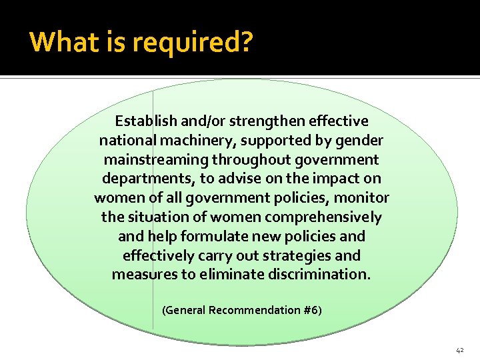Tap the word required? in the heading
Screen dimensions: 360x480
(x=193, y=43)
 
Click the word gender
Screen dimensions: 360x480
(x=359, y=141)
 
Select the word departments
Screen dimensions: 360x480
(x=143, y=179)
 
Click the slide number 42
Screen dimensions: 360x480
(x=460, y=349)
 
